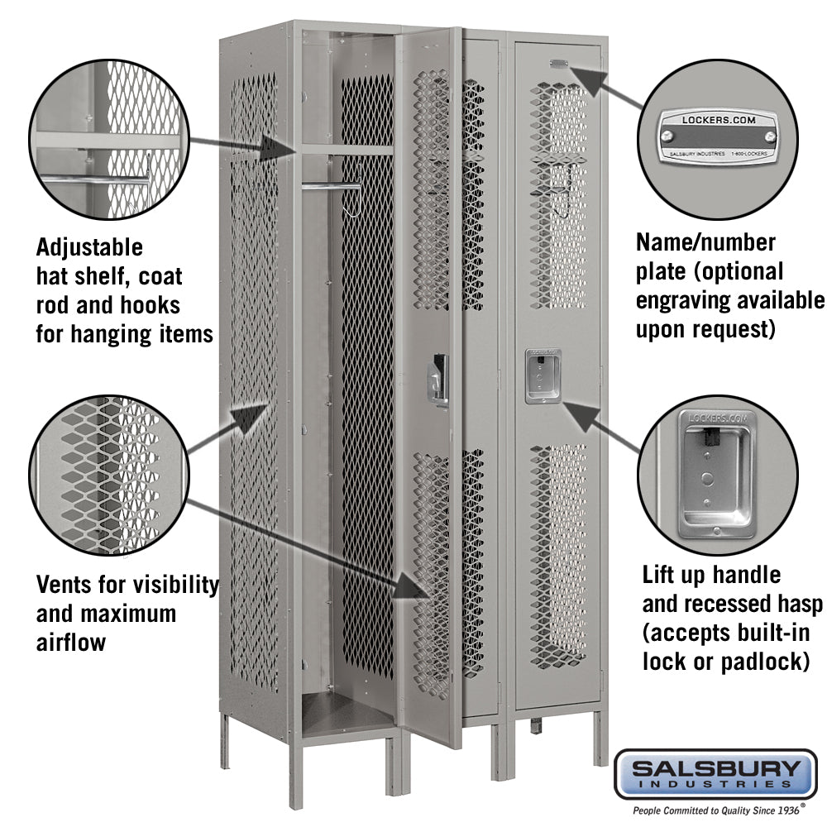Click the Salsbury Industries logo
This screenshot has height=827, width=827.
coord(715,772)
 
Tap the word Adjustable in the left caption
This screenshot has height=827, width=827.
coord(89,247)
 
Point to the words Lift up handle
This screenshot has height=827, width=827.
coord(711,574)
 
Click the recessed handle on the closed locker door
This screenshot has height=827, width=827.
coord(542,376)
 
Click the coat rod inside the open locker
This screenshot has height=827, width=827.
coord(331,186)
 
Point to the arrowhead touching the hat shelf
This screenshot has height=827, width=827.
coord(277,149)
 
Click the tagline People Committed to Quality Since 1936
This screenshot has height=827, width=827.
coord(715,810)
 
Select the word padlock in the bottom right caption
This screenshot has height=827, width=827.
coord(768,661)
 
